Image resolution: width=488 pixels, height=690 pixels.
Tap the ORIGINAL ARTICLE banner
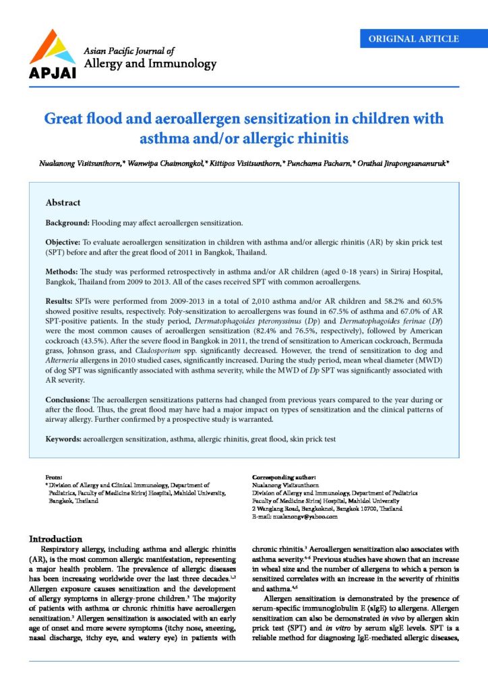[414, 39]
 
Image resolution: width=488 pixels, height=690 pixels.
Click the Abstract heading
[63, 203]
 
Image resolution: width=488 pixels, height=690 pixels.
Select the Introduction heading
[55, 538]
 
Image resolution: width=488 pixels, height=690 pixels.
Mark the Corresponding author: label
[284, 477]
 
